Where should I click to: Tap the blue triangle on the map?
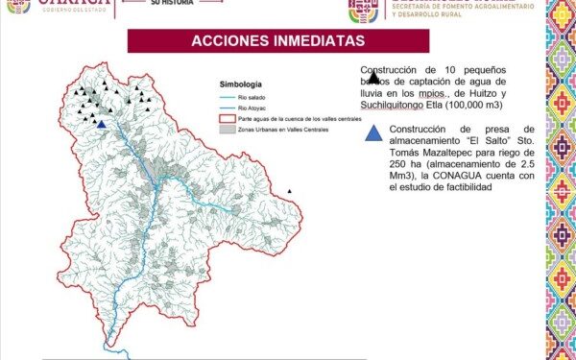coord(101,122)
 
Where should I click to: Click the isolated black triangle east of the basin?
coord(291,190)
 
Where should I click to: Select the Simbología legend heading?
coord(242,85)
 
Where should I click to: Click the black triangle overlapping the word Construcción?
coord(372,77)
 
